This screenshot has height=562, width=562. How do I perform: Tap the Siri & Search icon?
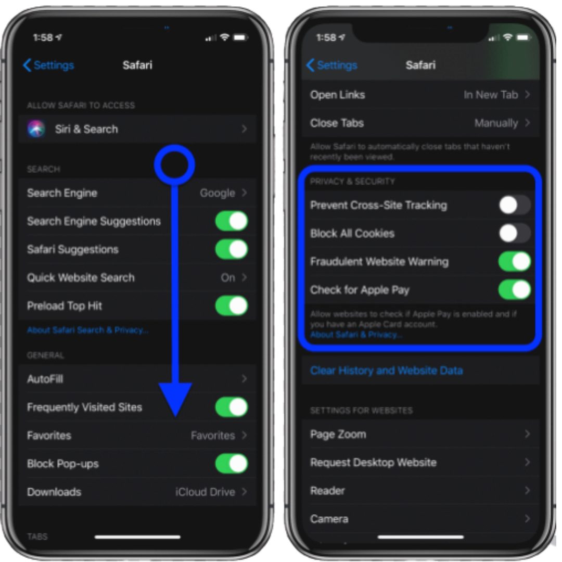[36, 129]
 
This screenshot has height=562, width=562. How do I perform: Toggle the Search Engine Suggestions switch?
[232, 221]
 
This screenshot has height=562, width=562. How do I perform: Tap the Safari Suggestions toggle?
[232, 249]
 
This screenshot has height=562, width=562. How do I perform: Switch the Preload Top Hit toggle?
[232, 306]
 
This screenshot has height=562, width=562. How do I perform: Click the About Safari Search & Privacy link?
[87, 330]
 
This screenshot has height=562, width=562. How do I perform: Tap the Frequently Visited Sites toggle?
[232, 407]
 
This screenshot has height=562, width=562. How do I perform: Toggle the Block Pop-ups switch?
[232, 464]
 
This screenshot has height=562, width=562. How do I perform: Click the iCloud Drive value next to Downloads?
[205, 492]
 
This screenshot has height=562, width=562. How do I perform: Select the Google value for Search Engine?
[217, 193]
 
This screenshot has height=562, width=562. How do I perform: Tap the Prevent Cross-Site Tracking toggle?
[515, 205]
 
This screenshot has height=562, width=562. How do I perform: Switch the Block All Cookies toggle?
[515, 233]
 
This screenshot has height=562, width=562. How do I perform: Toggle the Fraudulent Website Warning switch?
[515, 261]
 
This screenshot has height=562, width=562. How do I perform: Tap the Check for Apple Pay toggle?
[515, 290]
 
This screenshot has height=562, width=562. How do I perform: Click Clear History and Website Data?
[386, 371]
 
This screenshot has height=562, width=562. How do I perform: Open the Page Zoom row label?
[338, 435]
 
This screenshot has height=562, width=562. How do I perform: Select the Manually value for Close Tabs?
[496, 123]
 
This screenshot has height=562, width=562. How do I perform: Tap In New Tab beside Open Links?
[491, 95]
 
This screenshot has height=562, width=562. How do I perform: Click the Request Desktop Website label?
[373, 463]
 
